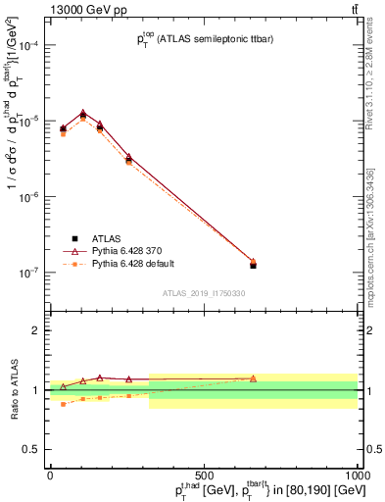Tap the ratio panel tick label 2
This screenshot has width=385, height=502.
(x=37, y=330)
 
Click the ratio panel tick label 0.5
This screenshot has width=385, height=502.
(x=33, y=450)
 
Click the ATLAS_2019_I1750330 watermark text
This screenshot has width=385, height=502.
(x=204, y=293)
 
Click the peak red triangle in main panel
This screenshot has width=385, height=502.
(x=83, y=113)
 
